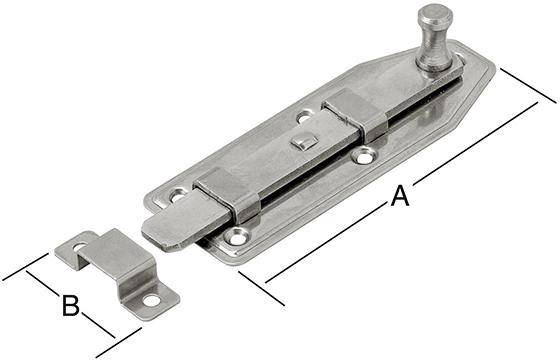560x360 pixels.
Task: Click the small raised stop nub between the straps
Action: click(300, 142)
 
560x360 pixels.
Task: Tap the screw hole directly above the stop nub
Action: click(304, 118)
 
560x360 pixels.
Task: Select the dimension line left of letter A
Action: click(330, 241)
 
